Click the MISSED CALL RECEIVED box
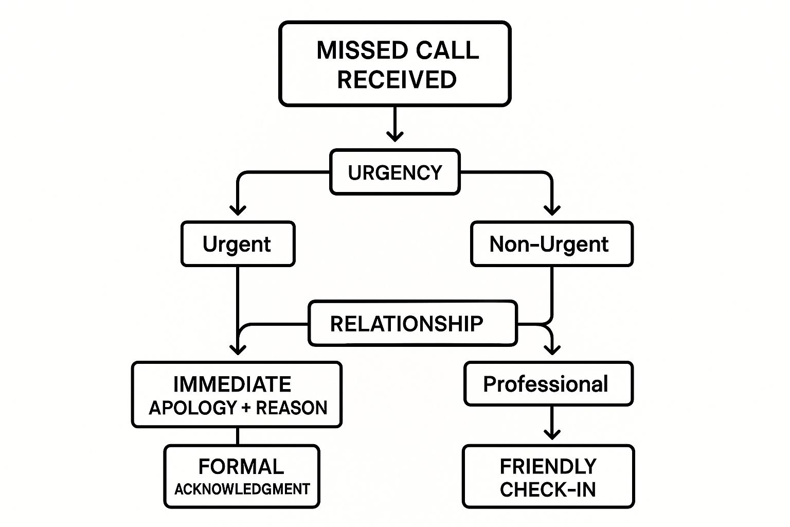pos(395,64)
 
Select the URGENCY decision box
pos(395,172)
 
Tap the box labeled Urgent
pos(238,244)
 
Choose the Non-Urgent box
pos(551,244)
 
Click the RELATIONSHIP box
pos(412,324)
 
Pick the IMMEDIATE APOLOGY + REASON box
pos(237,395)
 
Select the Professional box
pos(548,384)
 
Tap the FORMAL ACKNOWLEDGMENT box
pos(242,477)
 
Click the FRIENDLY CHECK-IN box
pos(548,477)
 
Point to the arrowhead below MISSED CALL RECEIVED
pos(395,136)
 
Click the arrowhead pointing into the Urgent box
pos(238,210)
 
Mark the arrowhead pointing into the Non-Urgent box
pos(552,210)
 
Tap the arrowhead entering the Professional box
pos(552,350)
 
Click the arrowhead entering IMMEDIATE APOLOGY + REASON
pos(238,350)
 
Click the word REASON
pos(292,408)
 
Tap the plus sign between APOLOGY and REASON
pos(246,408)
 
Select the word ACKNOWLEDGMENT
pos(242,489)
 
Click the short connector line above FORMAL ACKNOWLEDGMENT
pos(238,436)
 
